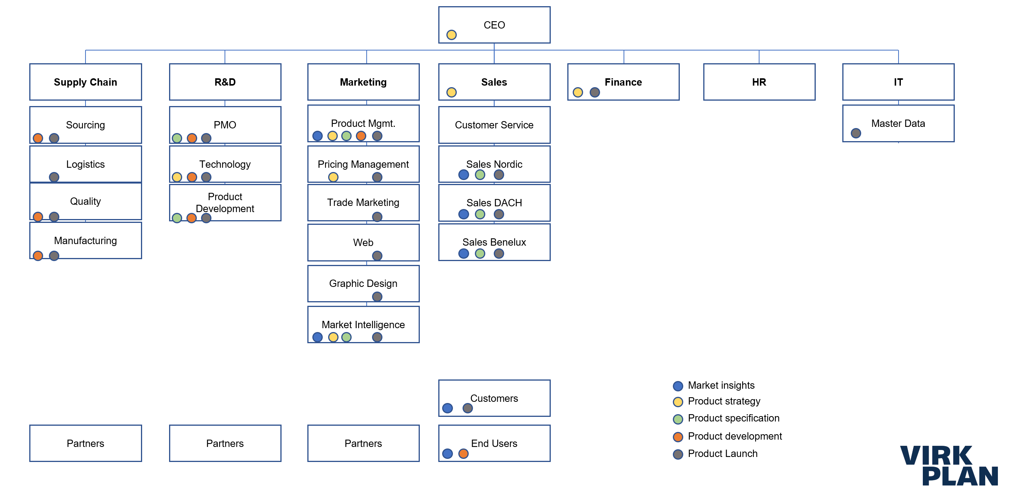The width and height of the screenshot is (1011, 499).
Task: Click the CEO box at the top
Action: pos(494,24)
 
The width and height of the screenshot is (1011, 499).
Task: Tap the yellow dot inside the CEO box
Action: pos(451,35)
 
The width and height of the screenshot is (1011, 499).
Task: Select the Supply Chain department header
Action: pos(85,82)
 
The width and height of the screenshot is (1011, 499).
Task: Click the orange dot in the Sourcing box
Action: pos(38,138)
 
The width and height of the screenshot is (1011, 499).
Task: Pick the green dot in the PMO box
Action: pos(177,138)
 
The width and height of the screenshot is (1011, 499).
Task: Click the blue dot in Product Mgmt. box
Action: pos(317,136)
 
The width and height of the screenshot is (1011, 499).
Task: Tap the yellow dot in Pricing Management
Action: pos(333,177)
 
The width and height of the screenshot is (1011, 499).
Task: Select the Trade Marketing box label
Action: pos(363,202)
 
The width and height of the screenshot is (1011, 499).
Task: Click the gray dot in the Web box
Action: pos(377,256)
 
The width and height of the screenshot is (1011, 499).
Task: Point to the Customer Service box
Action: pos(494,125)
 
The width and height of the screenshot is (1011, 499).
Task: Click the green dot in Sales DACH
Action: pos(480,214)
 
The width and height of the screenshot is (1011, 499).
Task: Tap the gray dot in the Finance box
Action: pos(594,92)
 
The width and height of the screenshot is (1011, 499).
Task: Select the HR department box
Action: pos(759,82)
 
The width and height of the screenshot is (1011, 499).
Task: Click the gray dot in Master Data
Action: pos(855,133)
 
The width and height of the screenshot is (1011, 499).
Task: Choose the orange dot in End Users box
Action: pos(463,454)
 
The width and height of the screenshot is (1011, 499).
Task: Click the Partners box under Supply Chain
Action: pos(85,443)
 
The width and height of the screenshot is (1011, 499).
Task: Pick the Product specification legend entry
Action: pos(733,418)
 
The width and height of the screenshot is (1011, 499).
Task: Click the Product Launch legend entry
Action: pos(722,453)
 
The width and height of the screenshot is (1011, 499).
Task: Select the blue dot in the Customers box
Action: pos(447,408)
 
